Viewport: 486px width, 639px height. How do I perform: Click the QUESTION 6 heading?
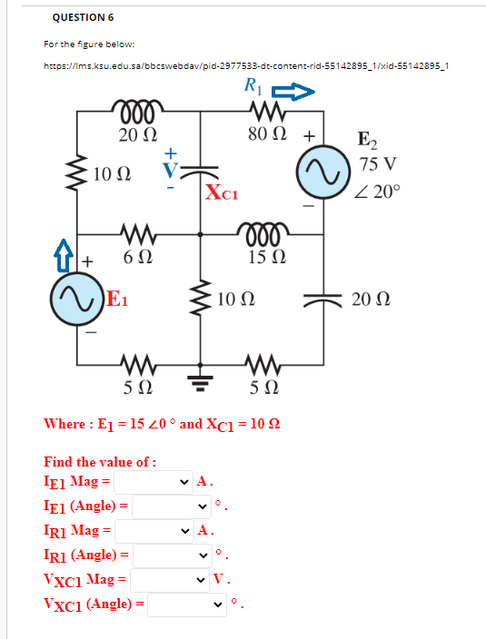[83, 17]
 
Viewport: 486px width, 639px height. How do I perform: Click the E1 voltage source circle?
[76, 299]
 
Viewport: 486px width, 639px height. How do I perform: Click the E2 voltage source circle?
[323, 172]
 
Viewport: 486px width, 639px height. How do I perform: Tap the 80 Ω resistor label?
[267, 133]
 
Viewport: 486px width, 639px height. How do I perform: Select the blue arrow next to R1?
[293, 92]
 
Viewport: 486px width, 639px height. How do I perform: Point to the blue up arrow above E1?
[64, 256]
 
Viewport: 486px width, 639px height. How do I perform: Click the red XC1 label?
[222, 192]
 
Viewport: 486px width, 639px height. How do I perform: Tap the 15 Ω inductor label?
[267, 257]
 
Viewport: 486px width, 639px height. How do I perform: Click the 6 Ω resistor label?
[138, 257]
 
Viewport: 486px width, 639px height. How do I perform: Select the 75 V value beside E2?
[378, 163]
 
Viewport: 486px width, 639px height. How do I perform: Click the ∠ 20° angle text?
[377, 192]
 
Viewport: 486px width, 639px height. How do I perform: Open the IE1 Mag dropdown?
[154, 482]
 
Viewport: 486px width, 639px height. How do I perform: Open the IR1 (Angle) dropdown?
[173, 555]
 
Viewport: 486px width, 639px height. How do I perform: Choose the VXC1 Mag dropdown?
[170, 580]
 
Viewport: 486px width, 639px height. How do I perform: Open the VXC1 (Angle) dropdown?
[187, 605]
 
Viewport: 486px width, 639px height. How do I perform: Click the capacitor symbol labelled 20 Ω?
[323, 300]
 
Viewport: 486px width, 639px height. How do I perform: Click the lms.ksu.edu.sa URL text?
[246, 66]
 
